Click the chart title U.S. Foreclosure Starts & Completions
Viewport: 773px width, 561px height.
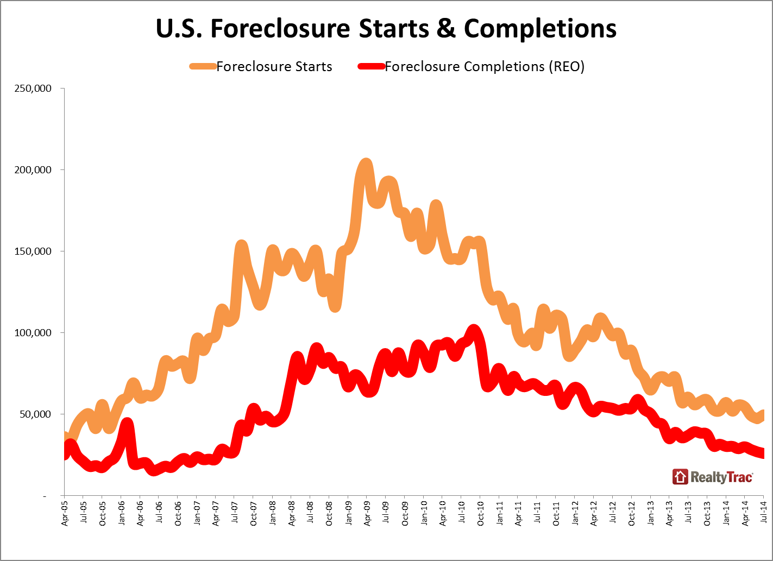click(x=386, y=29)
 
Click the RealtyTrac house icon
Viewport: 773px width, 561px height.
click(x=680, y=477)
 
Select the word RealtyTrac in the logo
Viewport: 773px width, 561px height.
click(x=721, y=477)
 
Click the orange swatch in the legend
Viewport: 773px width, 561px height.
click(x=203, y=67)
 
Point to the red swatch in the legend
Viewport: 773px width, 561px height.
click(x=371, y=67)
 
